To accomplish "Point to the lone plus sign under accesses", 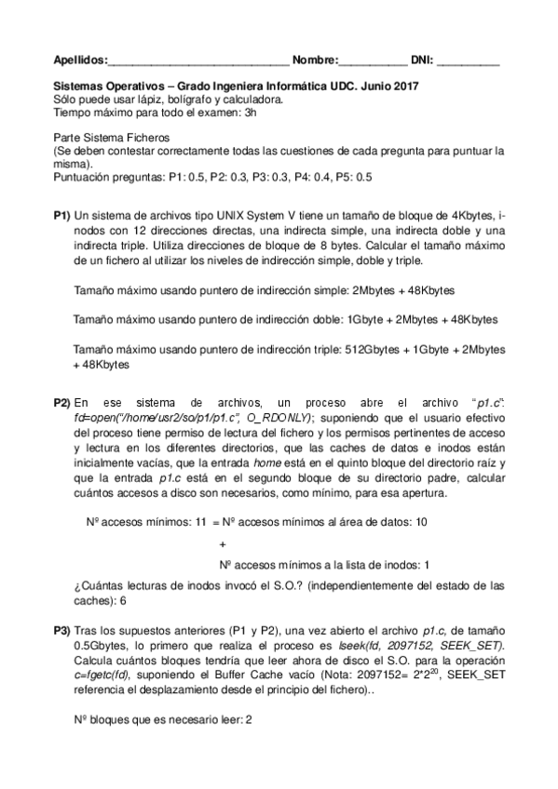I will pyautogui.click(x=222, y=543).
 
